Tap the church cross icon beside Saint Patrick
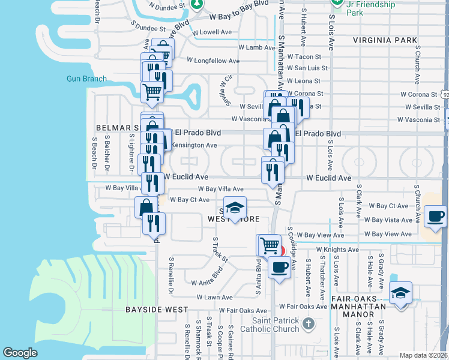pyautogui.click(x=308, y=325)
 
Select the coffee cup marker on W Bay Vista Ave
pyautogui.click(x=435, y=217)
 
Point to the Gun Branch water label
pyautogui.click(x=86, y=79)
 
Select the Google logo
pyautogui.click(x=20, y=353)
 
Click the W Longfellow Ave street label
pyautogui.click(x=213, y=61)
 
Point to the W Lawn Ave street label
pyautogui.click(x=214, y=297)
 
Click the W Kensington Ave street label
pyautogui.click(x=193, y=145)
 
